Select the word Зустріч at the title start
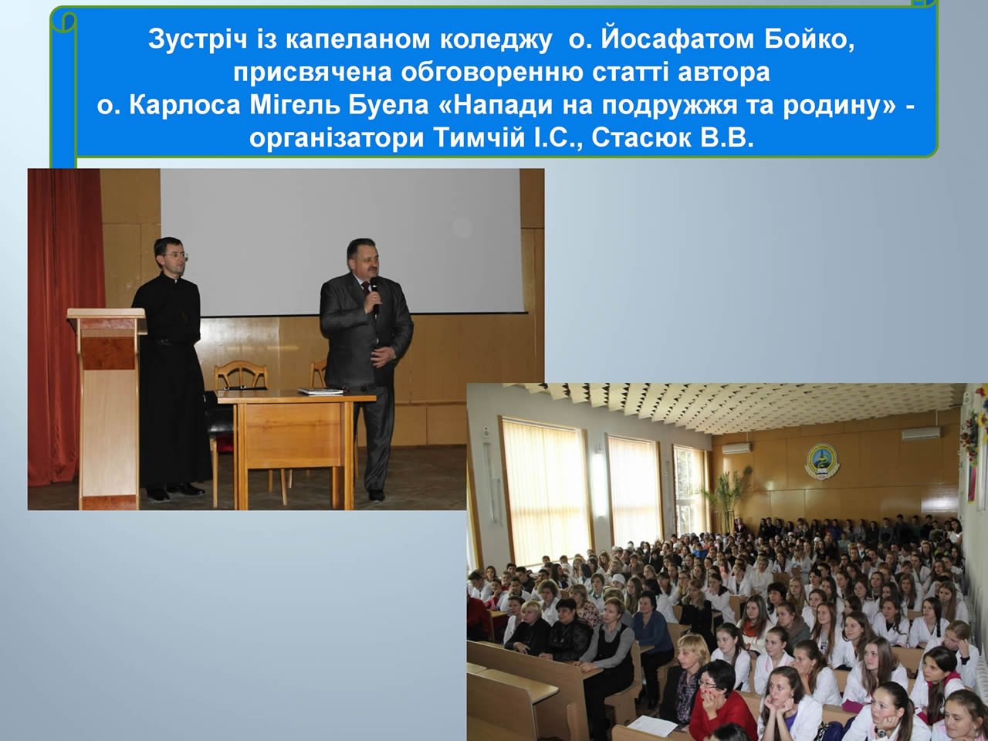pos(198,40)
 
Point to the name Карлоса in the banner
pos(184,107)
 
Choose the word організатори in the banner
pos(337,140)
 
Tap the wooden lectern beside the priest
pos(108,408)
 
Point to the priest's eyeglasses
pos(175,255)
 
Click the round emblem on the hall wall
pos(822,461)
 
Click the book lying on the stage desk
pos(321,391)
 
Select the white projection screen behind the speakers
pos(342,241)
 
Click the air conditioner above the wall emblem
pos(921,433)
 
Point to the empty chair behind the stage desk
pos(240,378)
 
